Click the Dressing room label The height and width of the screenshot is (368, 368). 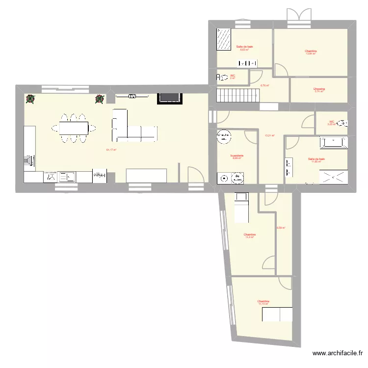(319, 89)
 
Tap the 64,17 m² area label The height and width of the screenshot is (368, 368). (111, 150)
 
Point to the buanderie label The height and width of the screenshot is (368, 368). (237, 156)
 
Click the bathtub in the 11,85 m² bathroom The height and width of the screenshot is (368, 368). (334, 143)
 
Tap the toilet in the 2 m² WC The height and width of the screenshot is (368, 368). (220, 77)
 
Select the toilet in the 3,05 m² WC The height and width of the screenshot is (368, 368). (344, 123)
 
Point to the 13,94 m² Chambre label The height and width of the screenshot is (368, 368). (310, 51)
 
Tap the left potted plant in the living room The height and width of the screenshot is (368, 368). (30, 99)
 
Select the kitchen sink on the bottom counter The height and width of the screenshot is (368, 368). (66, 176)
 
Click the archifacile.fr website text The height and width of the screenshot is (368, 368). (339, 353)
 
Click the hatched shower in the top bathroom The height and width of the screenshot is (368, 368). (224, 40)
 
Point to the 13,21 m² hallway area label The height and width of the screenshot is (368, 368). (269, 135)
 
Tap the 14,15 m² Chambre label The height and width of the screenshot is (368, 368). (263, 302)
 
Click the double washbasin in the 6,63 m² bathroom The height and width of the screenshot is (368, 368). (248, 63)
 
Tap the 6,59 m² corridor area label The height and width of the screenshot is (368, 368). (281, 228)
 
